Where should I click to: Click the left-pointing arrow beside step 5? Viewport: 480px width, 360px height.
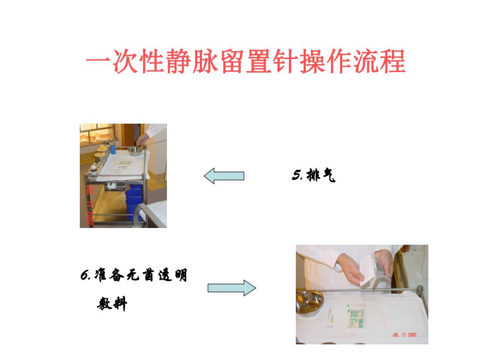(224, 176)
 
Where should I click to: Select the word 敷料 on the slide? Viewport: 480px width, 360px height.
(112, 304)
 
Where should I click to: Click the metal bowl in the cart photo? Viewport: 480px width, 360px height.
(136, 151)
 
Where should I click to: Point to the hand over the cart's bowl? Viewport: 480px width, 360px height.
(141, 139)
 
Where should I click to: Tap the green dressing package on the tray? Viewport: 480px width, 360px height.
(356, 315)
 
